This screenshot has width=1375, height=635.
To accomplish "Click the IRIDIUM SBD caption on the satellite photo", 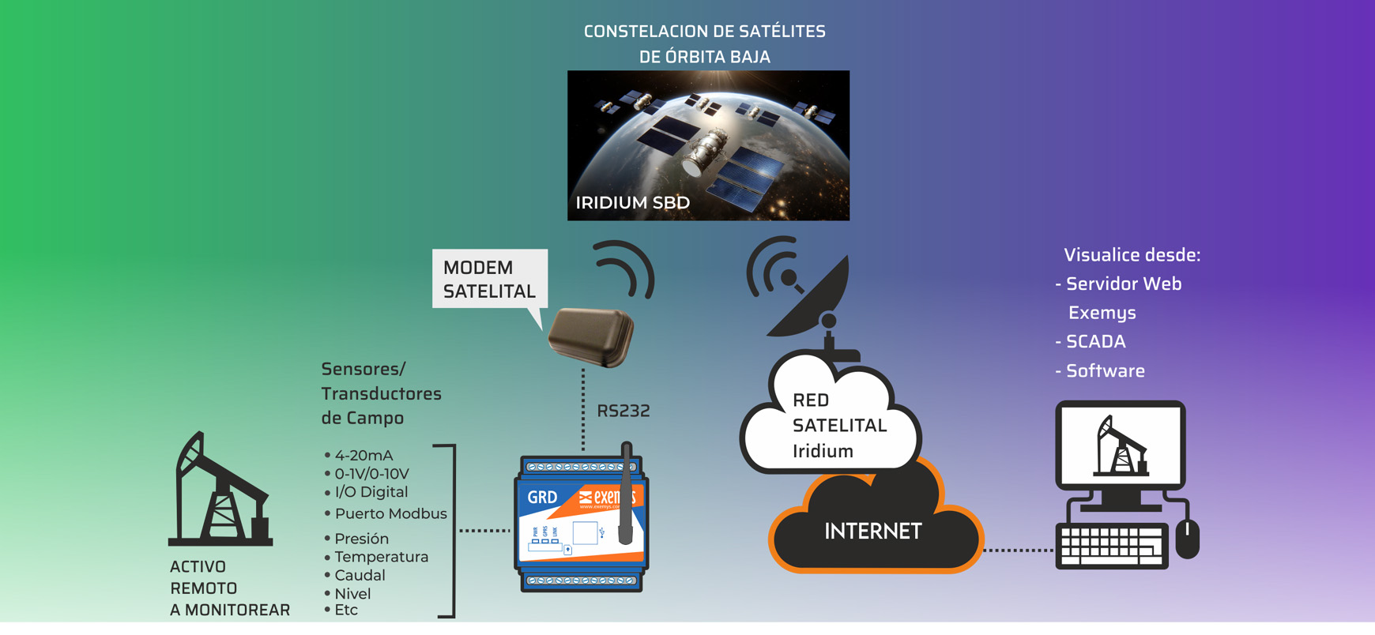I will tap(632, 203).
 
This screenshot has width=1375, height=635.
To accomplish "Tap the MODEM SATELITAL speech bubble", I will tap(489, 280).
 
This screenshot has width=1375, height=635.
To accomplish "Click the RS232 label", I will tap(623, 411).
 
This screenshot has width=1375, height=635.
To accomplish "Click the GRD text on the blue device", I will tap(542, 498).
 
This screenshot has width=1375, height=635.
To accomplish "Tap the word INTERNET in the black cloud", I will tap(872, 532).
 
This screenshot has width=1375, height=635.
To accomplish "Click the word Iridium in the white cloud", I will tap(823, 451).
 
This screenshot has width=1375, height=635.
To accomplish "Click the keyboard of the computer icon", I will tap(1111, 546).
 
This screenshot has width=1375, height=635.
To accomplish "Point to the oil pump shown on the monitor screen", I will tap(1120, 447).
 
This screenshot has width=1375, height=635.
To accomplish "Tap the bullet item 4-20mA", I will tap(363, 456).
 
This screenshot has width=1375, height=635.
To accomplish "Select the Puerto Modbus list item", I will tap(390, 513).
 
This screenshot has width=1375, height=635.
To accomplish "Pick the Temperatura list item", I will tap(381, 557).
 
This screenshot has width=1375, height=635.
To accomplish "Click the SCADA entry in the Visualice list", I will tap(1095, 342).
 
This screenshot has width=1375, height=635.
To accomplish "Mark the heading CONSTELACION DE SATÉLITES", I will tap(704, 32).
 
